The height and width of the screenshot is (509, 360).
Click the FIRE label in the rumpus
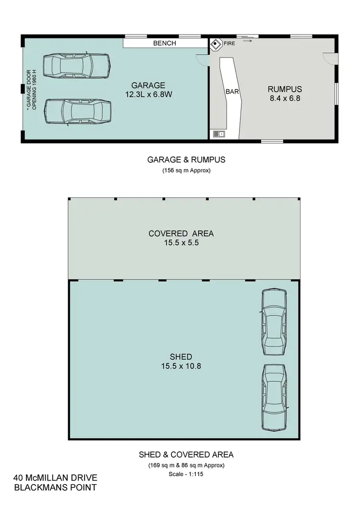(x=229, y=44)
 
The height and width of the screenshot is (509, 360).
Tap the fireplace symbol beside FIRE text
(x=216, y=44)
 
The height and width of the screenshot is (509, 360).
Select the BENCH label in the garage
(x=165, y=43)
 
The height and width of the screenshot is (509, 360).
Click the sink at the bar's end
(x=218, y=134)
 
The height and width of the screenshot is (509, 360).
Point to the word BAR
(x=232, y=91)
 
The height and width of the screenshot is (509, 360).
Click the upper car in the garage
(x=76, y=64)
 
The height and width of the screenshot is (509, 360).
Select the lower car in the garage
(x=77, y=112)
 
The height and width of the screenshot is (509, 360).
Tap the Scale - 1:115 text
(x=185, y=474)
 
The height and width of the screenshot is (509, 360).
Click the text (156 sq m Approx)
(x=186, y=170)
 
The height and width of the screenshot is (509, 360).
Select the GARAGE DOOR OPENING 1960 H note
(x=31, y=90)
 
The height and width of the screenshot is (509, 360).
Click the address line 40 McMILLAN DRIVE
(x=56, y=478)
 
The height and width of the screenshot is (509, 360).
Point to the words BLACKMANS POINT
(x=56, y=488)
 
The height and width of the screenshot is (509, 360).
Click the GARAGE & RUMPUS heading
(x=186, y=160)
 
